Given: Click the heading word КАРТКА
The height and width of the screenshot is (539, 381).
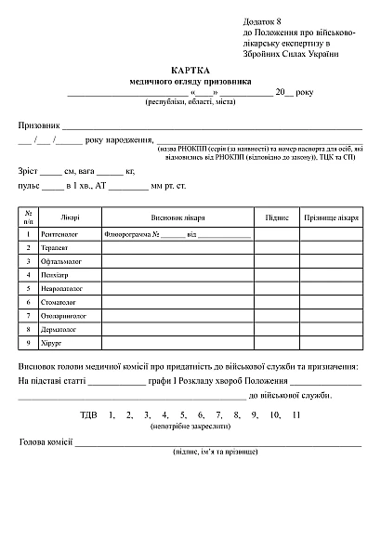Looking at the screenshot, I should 190,70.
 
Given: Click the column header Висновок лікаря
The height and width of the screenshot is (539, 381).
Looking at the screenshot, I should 177,217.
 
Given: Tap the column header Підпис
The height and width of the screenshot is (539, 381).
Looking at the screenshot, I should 276,217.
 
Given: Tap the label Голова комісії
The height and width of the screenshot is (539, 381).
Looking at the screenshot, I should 46,442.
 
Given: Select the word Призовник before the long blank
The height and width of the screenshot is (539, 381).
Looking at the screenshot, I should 38,125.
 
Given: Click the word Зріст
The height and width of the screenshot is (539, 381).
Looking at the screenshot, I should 28,172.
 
